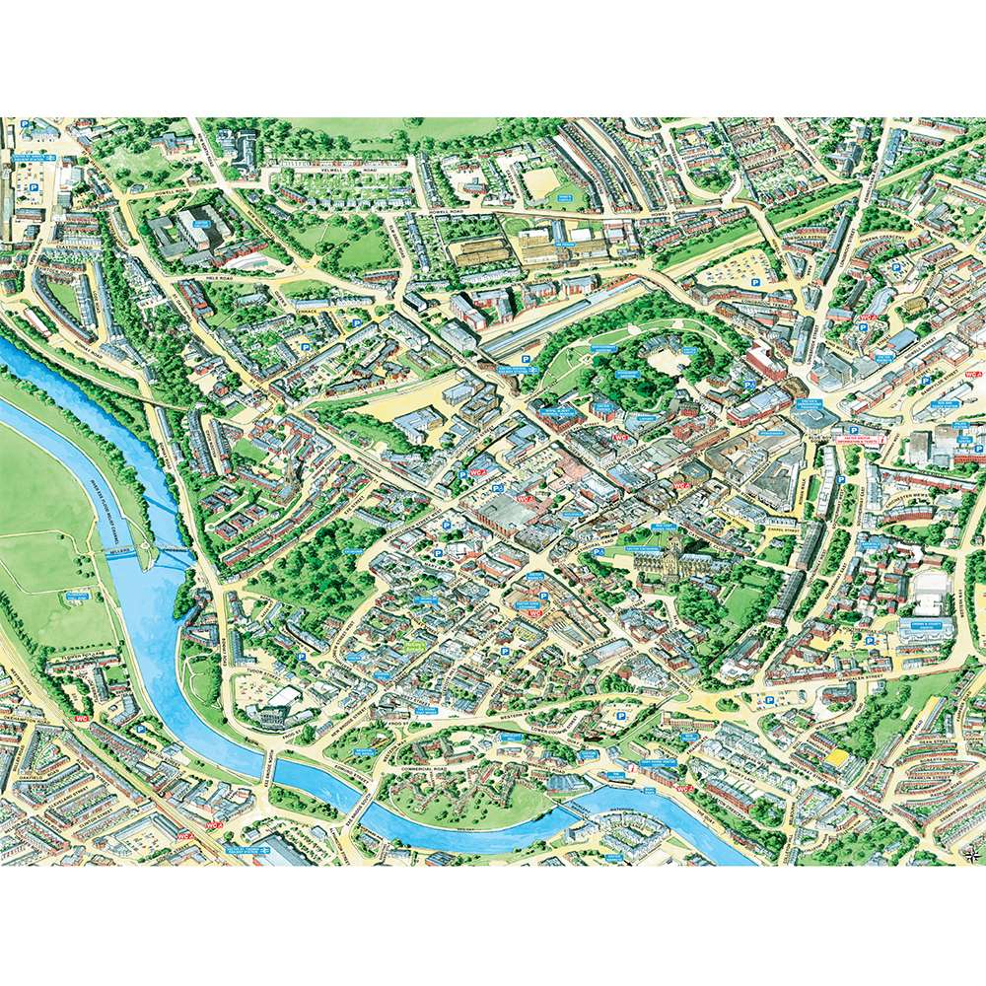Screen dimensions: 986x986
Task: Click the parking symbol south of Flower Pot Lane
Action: tap(140, 729)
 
